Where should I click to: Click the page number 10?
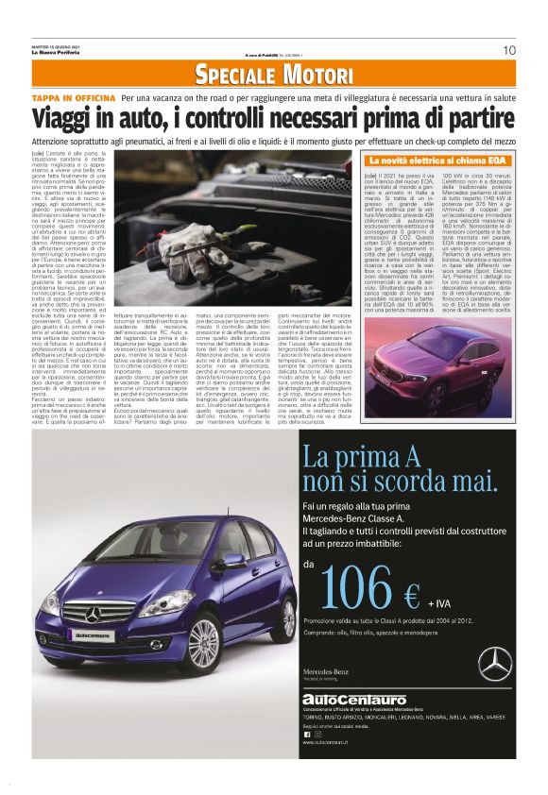[508, 50]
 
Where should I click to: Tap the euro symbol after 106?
[411, 594]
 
